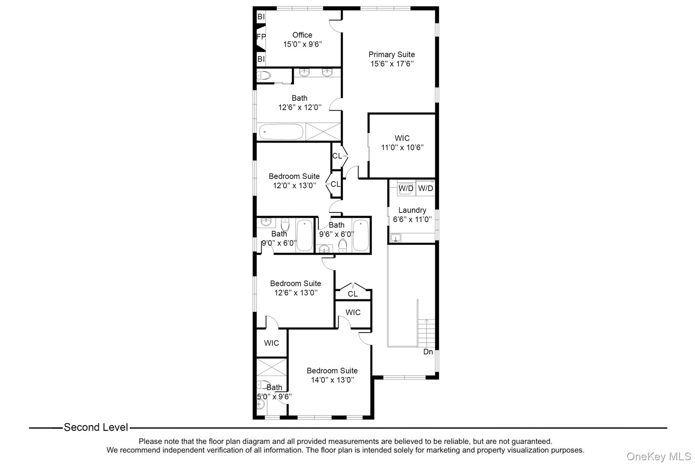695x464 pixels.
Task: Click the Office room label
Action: tap(302, 35)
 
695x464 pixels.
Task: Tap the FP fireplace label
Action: tap(261, 37)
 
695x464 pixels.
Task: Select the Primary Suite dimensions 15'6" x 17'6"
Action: tap(392, 64)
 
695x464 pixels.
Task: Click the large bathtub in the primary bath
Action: tap(281, 132)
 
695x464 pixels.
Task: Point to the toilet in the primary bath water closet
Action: tap(264, 75)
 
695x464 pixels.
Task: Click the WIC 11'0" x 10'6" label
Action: tap(402, 143)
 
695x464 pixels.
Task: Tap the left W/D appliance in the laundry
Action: tap(406, 188)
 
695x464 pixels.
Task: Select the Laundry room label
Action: tap(412, 210)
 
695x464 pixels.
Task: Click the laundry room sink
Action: tap(396, 238)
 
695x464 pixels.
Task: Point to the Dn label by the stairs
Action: tap(428, 352)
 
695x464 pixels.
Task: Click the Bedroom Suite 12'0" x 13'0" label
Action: tap(294, 181)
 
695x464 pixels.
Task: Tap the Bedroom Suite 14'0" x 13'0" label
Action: tap(332, 375)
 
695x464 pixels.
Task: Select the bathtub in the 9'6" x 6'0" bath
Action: tap(360, 235)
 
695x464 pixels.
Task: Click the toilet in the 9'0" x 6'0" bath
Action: tap(285, 225)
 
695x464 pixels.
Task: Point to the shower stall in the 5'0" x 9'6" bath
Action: tap(271, 367)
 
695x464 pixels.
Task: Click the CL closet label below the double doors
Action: tap(353, 294)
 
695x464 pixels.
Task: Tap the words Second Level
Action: tap(96, 427)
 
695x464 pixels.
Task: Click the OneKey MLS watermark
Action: tap(658, 456)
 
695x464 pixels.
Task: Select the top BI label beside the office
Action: tap(261, 17)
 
